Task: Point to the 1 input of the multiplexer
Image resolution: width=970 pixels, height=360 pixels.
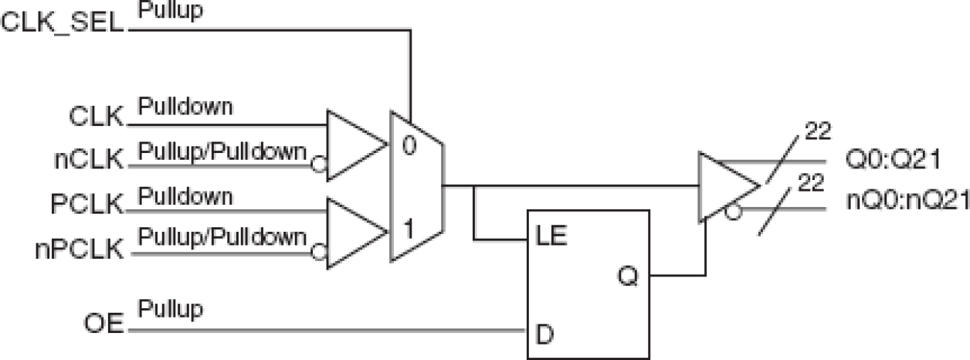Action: tap(409, 229)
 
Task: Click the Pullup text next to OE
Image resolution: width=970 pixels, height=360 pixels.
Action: tap(171, 310)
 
